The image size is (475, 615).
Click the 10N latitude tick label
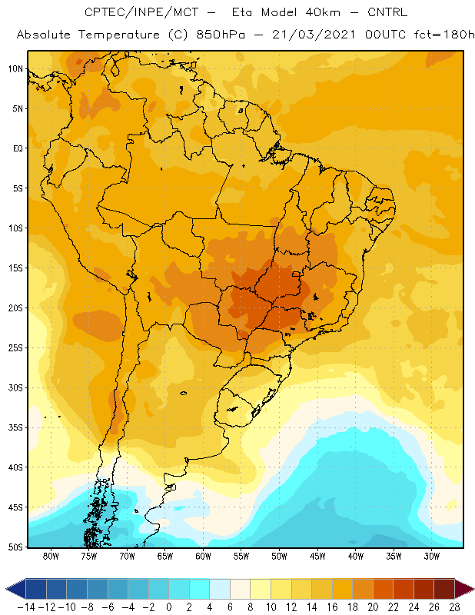15,69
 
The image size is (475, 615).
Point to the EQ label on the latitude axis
18,148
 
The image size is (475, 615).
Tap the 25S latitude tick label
15,348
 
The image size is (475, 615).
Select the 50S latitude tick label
15,547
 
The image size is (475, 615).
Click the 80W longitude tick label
51,556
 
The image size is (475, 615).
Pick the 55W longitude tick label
241,556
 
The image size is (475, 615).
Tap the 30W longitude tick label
431,556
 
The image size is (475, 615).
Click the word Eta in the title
243,12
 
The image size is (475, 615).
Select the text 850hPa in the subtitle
221,35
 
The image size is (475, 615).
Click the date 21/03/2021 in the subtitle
314,35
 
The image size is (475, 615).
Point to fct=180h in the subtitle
444,35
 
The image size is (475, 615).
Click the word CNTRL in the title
387,12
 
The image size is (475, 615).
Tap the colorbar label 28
454,607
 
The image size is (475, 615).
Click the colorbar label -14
26,607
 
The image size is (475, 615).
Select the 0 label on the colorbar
168,607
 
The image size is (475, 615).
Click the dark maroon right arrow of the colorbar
464,589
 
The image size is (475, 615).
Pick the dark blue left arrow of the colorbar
15,589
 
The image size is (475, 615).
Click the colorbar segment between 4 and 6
220,589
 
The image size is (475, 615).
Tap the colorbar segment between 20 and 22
384,589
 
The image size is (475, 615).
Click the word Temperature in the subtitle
119,35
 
